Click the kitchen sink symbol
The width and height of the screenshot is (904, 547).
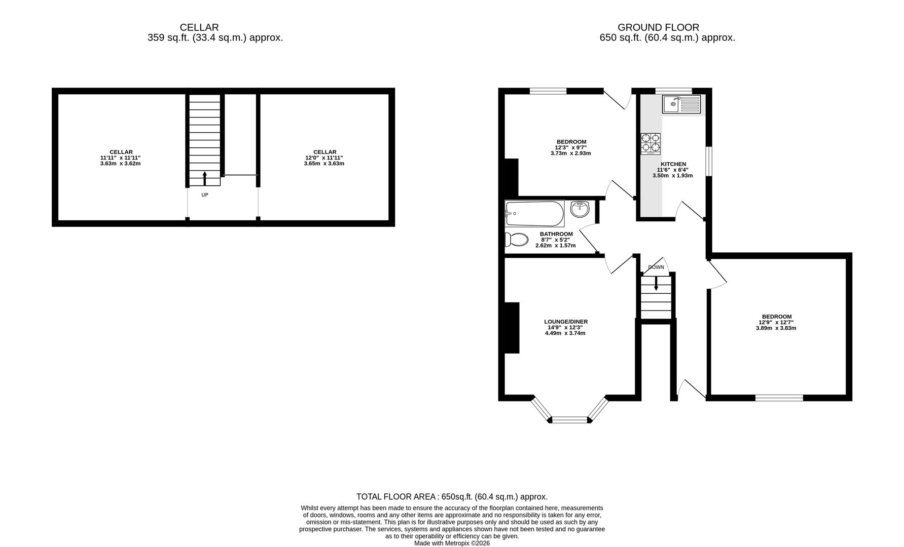pos(681,105)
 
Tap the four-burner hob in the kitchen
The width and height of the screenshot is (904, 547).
pos(650,143)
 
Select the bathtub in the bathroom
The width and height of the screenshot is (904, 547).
pos(534,214)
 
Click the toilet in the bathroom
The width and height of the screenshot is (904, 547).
pos(516,240)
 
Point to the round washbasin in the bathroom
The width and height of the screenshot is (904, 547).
pos(580,209)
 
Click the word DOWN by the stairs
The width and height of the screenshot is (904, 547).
pos(656,267)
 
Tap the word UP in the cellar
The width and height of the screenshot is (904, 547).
pos(205,195)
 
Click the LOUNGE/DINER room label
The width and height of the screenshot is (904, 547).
pos(565,322)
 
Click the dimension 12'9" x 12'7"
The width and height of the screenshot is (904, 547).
pos(776,322)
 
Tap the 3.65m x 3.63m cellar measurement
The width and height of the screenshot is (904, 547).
pos(324,164)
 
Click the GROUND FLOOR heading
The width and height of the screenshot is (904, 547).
pos(658,27)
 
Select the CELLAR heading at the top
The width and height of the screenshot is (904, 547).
pos(199,27)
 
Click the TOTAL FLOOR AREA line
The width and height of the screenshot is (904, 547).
pos(452,497)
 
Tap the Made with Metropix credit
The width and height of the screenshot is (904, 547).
pos(452,543)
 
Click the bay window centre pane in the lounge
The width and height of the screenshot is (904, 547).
pos(570,419)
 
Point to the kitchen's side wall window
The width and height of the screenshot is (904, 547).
pos(709,161)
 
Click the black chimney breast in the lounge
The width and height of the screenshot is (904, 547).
pos(512,328)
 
